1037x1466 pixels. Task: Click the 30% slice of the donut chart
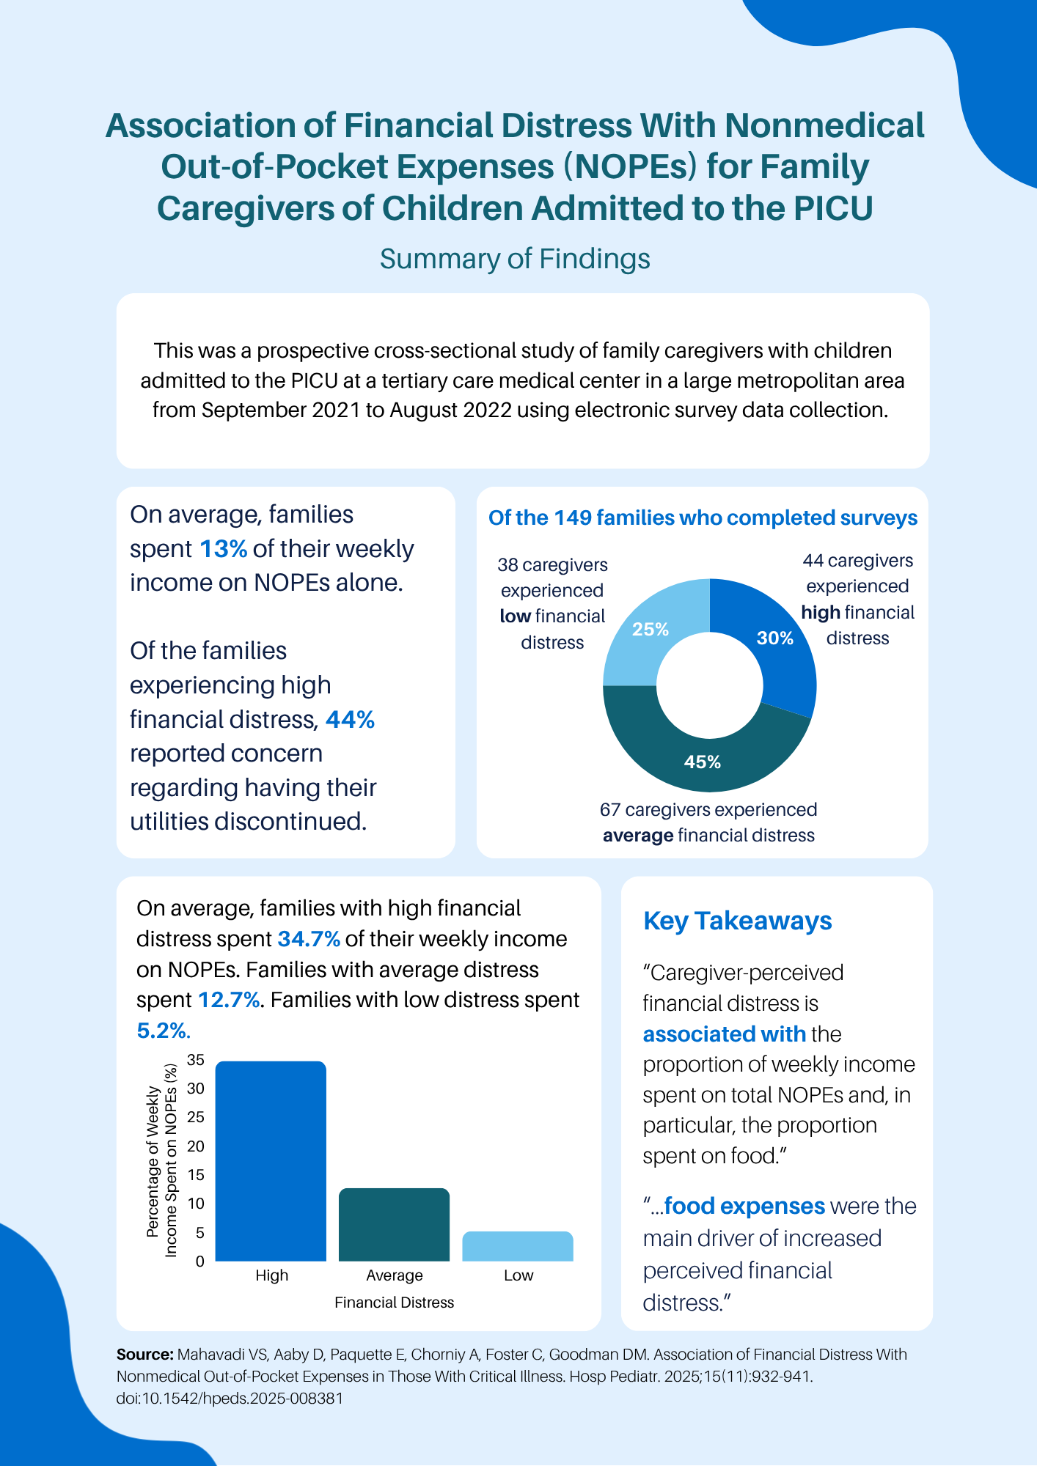(777, 645)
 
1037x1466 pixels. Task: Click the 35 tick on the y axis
(196, 1060)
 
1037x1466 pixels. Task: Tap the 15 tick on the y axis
(196, 1175)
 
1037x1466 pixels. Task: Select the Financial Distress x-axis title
(394, 1303)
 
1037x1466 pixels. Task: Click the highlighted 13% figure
(223, 549)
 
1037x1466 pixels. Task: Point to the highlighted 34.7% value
(309, 939)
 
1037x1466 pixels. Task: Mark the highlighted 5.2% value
(163, 1031)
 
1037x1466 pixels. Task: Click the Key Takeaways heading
(737, 921)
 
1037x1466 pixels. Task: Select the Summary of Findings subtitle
(515, 259)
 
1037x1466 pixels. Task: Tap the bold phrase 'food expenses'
(744, 1206)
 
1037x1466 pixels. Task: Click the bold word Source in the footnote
(144, 1355)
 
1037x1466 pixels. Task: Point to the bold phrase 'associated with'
(724, 1034)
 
